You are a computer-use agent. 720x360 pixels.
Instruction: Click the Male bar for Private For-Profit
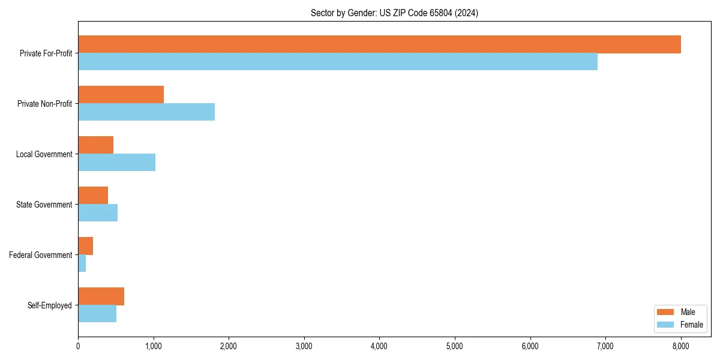coord(379,44)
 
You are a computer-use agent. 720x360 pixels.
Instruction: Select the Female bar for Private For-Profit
coord(338,61)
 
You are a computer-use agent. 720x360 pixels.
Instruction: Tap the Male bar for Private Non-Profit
coord(121,95)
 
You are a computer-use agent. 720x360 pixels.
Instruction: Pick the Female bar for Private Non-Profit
coord(146,112)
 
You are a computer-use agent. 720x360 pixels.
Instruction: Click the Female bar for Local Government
coord(116,162)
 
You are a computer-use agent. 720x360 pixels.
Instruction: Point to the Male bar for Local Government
coord(95,145)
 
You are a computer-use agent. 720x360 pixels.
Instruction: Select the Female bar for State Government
coord(98,212)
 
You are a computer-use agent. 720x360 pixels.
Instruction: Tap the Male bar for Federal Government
coord(85,246)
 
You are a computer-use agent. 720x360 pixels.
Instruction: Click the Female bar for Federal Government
coord(82,263)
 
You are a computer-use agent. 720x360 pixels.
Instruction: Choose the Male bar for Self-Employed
coord(101,296)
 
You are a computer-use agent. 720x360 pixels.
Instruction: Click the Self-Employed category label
coord(49,305)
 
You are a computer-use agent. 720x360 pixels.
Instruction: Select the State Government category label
coord(44,205)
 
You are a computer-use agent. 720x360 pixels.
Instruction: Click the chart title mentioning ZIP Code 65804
coord(394,13)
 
